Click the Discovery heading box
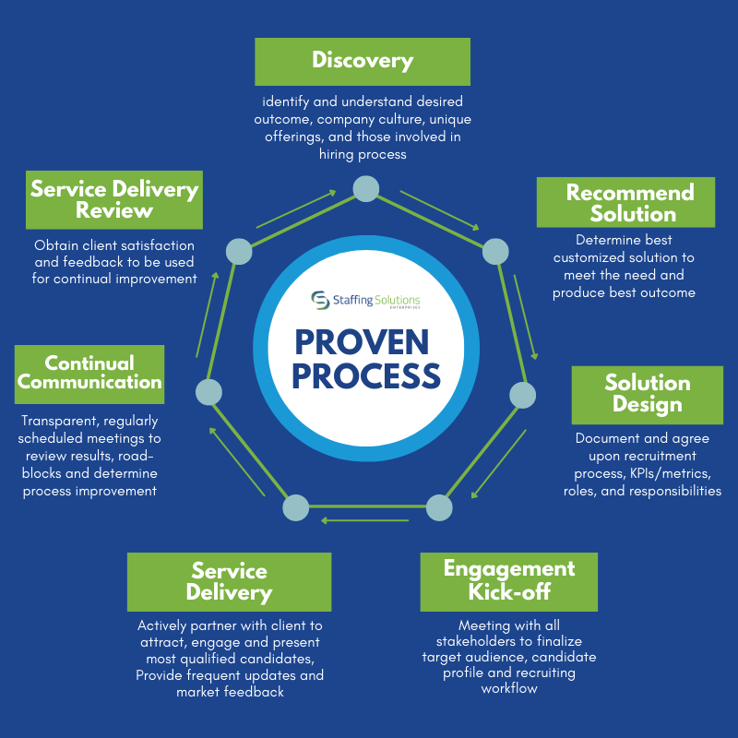point(363,62)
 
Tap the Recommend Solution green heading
point(625,202)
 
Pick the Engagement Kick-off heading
point(508,579)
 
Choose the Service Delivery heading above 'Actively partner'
point(229,581)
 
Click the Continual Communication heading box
point(89,373)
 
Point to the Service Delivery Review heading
point(114,199)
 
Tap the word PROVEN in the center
point(362,342)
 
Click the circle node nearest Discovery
point(366,189)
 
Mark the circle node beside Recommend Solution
point(495,251)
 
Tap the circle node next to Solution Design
point(523,395)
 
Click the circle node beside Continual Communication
point(209,392)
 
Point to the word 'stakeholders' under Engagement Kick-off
point(471,641)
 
